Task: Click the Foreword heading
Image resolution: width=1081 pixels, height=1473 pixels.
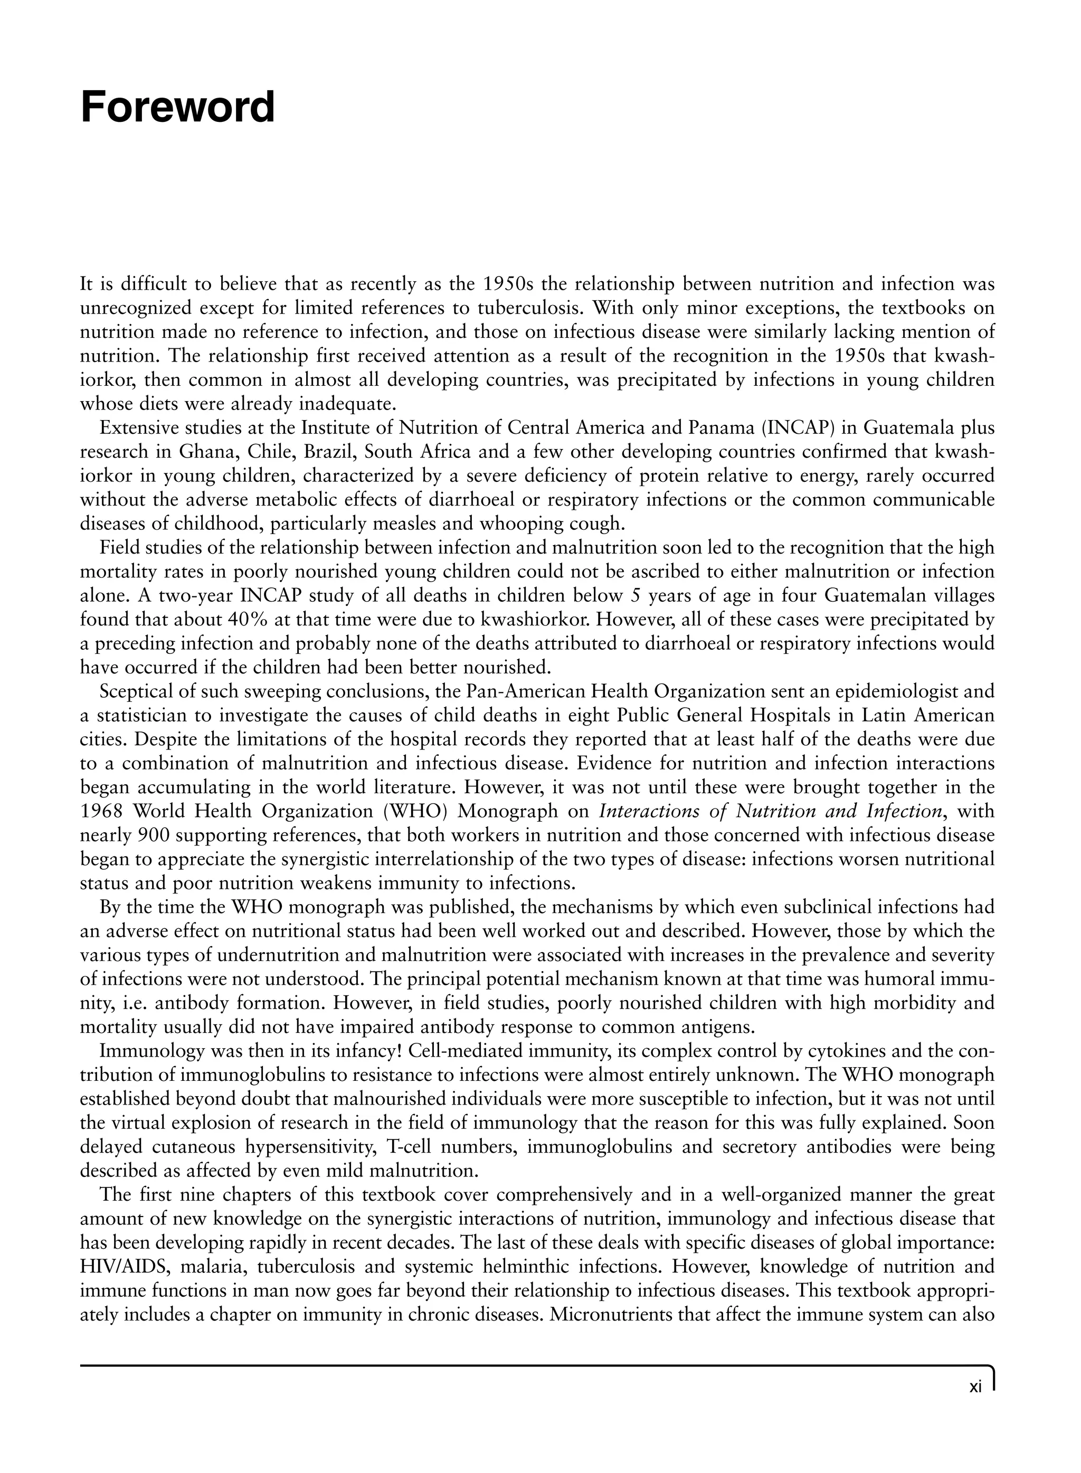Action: [x=177, y=107]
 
